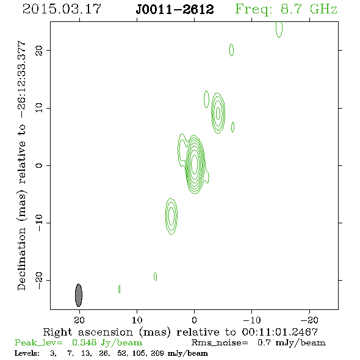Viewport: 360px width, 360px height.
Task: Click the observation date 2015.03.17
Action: click(62, 9)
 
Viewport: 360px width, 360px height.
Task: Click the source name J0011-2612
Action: click(175, 10)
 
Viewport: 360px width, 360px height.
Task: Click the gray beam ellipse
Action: click(79, 295)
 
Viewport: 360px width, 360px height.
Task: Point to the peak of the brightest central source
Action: click(195, 164)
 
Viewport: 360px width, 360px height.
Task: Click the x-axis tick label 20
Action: click(79, 320)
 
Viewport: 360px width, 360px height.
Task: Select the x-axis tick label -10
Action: click(252, 320)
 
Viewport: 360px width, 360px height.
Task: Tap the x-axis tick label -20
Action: click(309, 320)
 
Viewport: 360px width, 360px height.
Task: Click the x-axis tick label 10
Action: click(137, 320)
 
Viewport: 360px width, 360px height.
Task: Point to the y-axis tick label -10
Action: click(39, 223)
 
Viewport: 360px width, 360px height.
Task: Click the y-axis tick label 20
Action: click(39, 50)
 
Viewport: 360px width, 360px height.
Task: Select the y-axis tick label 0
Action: click(39, 165)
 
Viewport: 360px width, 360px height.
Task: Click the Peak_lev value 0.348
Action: click(84, 342)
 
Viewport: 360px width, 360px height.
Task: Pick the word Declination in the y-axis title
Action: click(21, 259)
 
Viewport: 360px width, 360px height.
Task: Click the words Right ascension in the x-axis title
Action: click(88, 332)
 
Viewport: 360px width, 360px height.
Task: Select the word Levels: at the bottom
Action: click(27, 353)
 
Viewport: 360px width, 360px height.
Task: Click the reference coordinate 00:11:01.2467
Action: click(279, 332)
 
